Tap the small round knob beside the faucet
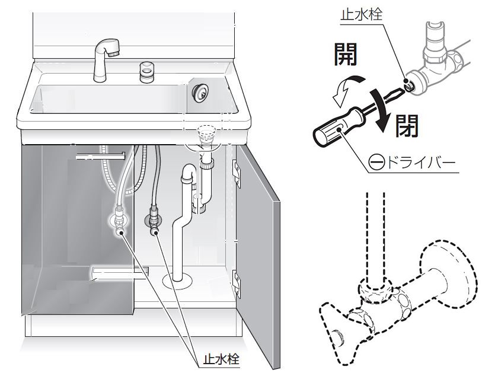tap(146, 72)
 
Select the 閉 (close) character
tap(406, 125)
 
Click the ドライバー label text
tap(423, 162)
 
